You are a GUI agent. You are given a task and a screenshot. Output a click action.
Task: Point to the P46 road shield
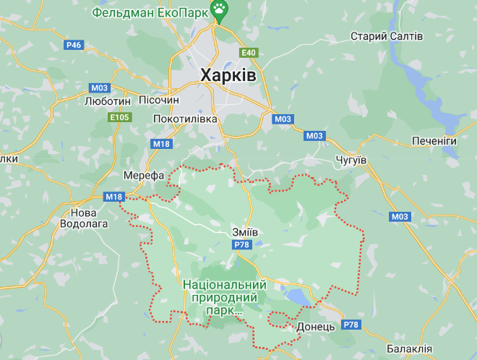click(74, 45)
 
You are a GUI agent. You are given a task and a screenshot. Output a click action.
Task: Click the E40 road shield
click(249, 53)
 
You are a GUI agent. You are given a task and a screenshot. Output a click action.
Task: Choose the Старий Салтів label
click(387, 36)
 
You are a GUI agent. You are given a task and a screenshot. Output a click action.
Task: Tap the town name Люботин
click(108, 102)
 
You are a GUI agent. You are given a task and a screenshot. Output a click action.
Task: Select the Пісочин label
click(171, 102)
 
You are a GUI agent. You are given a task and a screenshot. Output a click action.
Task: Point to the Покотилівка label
click(185, 119)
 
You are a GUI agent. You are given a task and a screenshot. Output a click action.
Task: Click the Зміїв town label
click(245, 231)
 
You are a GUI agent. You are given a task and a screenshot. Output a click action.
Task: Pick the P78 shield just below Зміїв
click(241, 246)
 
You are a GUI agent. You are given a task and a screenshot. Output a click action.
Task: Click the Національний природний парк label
click(225, 297)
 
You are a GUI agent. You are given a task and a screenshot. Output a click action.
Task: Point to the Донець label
click(316, 327)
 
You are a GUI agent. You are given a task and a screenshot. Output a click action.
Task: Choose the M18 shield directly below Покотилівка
click(163, 144)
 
